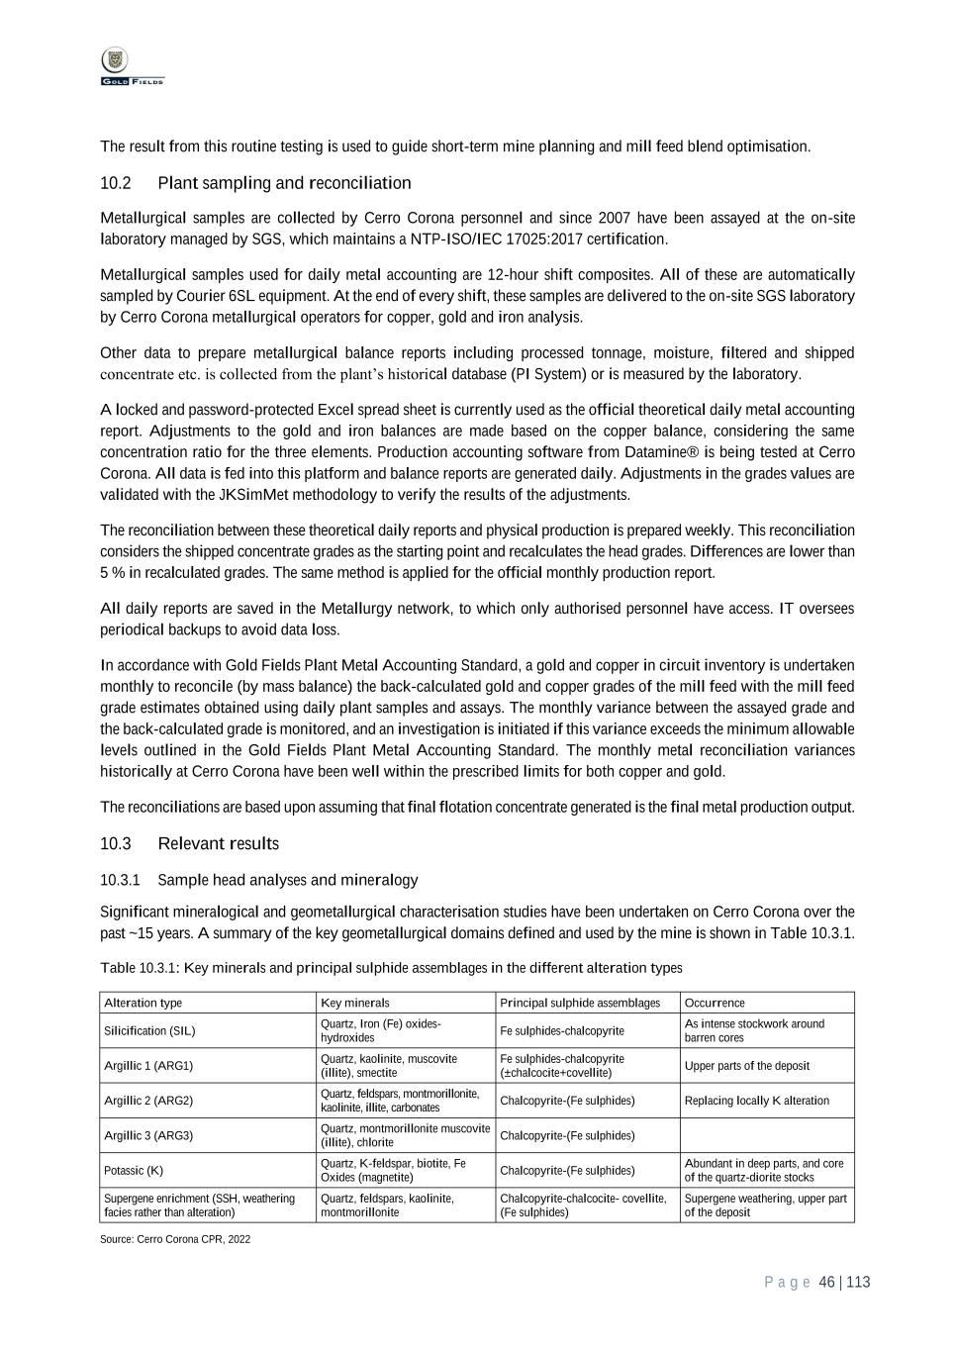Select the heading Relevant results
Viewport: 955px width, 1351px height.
pos(218,843)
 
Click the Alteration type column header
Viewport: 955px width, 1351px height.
pos(143,1003)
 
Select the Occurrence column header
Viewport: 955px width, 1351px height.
pos(715,1003)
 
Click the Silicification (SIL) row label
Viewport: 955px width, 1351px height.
pos(149,1030)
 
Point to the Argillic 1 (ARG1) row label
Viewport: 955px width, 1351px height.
pos(148,1066)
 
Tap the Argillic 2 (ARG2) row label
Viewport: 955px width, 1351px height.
pos(148,1101)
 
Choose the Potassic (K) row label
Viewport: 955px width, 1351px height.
pos(134,1171)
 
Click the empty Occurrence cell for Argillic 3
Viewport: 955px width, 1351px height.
pos(766,1135)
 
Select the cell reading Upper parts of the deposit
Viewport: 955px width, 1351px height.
pos(746,1066)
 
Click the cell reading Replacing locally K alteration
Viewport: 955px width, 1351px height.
pos(756,1101)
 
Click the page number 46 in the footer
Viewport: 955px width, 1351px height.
pos(827,1283)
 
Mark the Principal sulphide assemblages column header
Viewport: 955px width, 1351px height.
pos(580,1003)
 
